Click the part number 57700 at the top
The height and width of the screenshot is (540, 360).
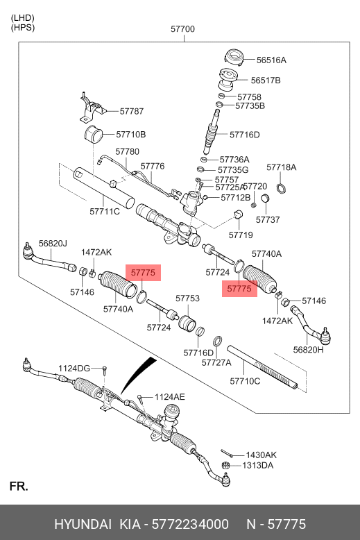[182, 29]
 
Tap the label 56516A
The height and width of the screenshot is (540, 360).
[271, 60]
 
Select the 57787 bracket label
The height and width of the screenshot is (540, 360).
[132, 111]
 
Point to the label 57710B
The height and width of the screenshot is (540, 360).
[131, 135]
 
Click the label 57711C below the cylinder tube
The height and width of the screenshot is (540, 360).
[105, 212]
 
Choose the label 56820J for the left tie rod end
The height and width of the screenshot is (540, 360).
[53, 244]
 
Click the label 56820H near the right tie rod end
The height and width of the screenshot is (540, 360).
[309, 350]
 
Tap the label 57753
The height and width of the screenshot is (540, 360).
[187, 298]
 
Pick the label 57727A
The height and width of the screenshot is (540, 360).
[216, 362]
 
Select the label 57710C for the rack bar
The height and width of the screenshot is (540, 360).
[245, 381]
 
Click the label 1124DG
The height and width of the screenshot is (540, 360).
[74, 369]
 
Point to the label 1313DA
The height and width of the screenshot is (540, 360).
[258, 466]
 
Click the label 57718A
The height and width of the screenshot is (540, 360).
[281, 167]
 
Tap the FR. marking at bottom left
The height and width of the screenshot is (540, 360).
[19, 487]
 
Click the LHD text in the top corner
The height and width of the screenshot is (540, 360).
[23, 18]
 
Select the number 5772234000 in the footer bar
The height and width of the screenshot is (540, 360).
[190, 524]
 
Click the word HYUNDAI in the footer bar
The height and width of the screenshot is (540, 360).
[83, 524]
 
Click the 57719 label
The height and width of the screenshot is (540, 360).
[241, 235]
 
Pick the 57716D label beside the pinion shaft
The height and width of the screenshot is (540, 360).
[245, 135]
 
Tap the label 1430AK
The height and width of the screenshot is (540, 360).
[262, 455]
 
